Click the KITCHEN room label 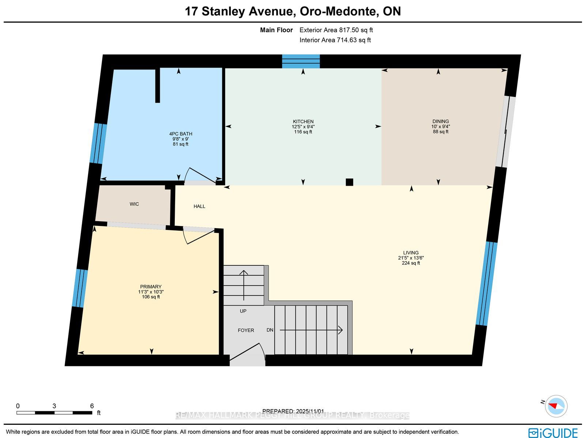(303, 121)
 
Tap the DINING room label (441, 121)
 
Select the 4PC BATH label (180, 134)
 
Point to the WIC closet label (134, 204)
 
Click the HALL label (199, 206)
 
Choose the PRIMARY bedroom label (151, 287)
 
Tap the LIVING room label (411, 253)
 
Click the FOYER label (246, 331)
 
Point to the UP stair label (243, 311)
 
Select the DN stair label (270, 330)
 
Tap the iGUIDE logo (553, 433)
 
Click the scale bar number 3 (54, 406)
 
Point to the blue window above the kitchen (301, 61)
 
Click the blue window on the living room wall (487, 283)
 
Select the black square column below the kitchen (350, 182)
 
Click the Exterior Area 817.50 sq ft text (336, 30)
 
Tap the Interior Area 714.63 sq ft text (335, 40)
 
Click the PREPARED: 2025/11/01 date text (293, 411)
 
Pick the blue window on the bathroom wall (98, 143)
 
